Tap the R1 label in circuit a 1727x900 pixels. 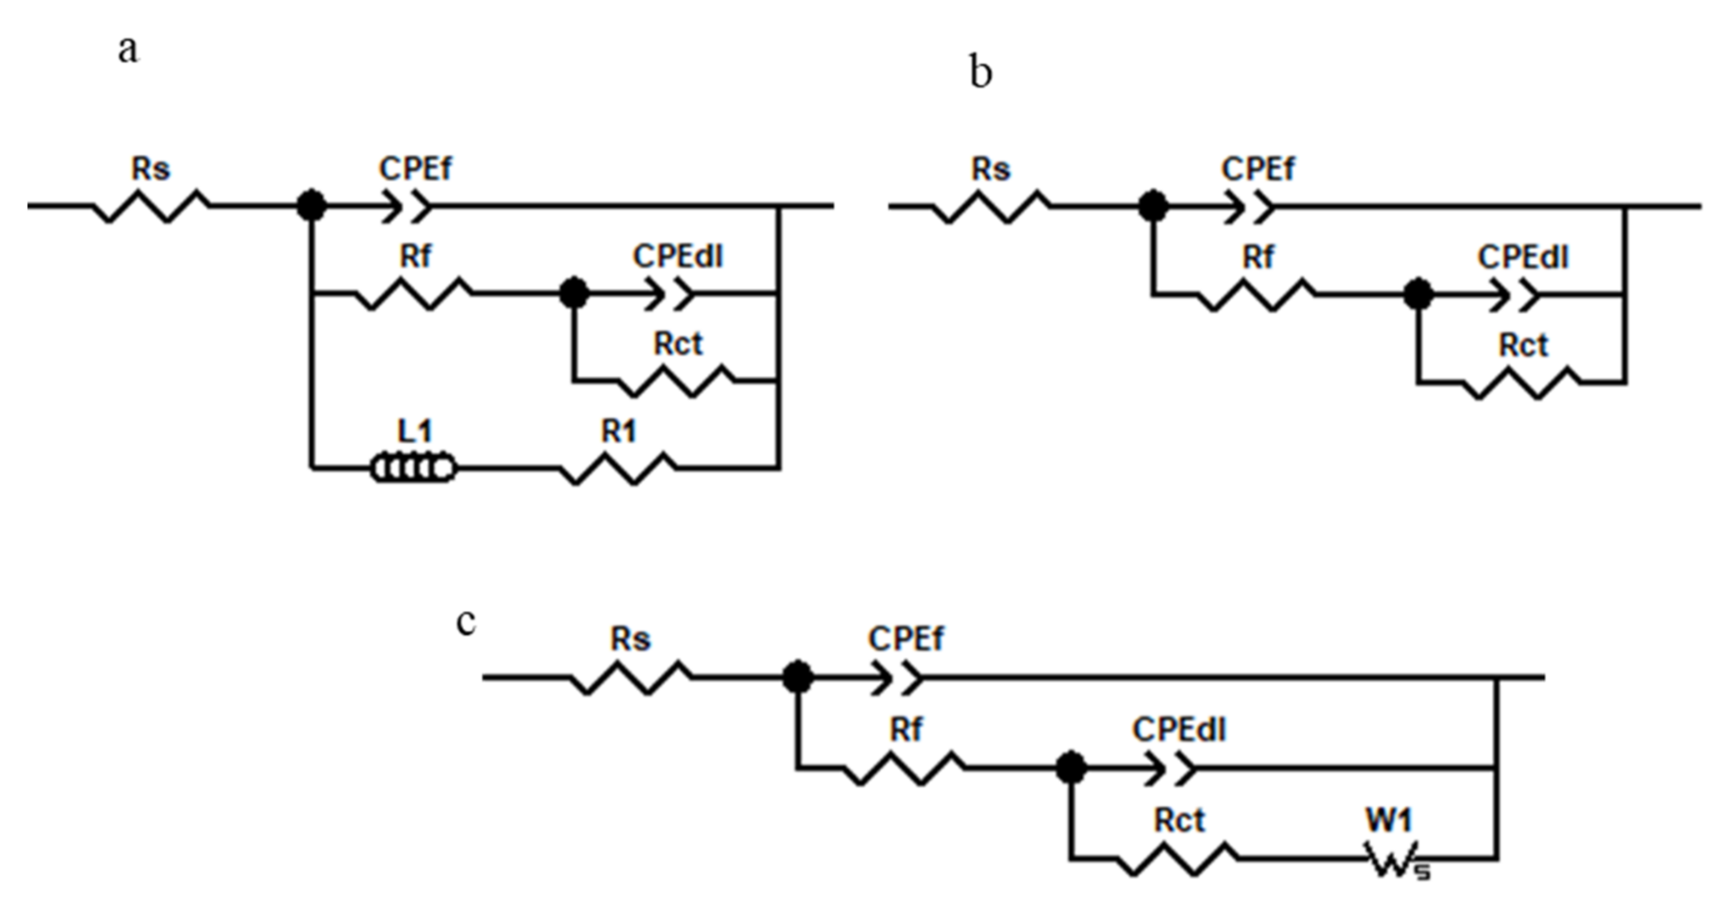coord(618,432)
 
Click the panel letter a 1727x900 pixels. coord(128,50)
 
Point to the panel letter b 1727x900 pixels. coord(981,72)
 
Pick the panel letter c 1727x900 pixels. coord(466,621)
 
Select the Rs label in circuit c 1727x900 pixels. coord(630,639)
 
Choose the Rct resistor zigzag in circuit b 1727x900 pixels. coord(1522,383)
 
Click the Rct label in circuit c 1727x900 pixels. coord(1179,821)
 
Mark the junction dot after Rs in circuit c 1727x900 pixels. coord(798,677)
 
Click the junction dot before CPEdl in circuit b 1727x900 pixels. coord(1418,294)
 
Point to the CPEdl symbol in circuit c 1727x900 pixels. coord(1170,768)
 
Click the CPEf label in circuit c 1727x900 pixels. coord(906,639)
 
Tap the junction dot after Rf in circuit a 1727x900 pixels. coord(573,294)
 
